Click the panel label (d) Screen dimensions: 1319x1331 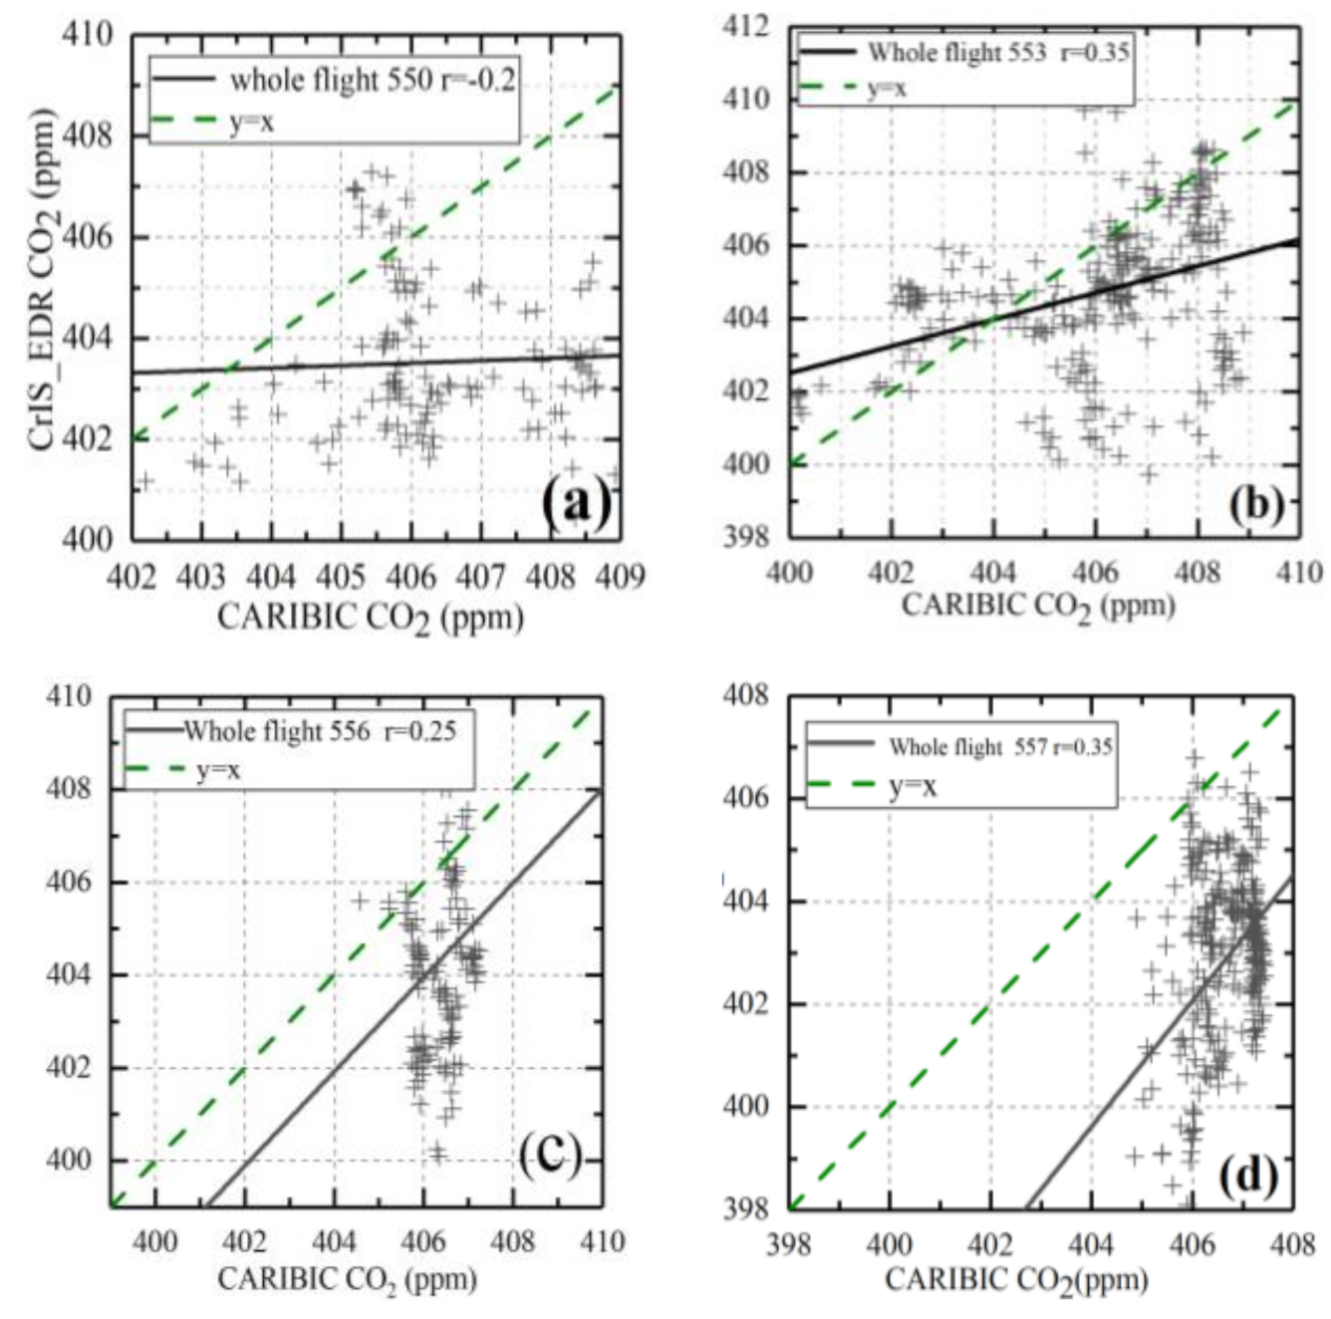pos(1247,1177)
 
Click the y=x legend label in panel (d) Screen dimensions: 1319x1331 pos(913,787)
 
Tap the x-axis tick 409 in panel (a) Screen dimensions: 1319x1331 pos(623,577)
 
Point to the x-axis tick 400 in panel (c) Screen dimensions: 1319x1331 pos(155,1241)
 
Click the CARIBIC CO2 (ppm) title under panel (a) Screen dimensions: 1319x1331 pos(371,618)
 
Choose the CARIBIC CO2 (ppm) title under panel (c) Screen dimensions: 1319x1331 pos(347,1279)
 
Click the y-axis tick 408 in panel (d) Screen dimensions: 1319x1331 pos(746,694)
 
